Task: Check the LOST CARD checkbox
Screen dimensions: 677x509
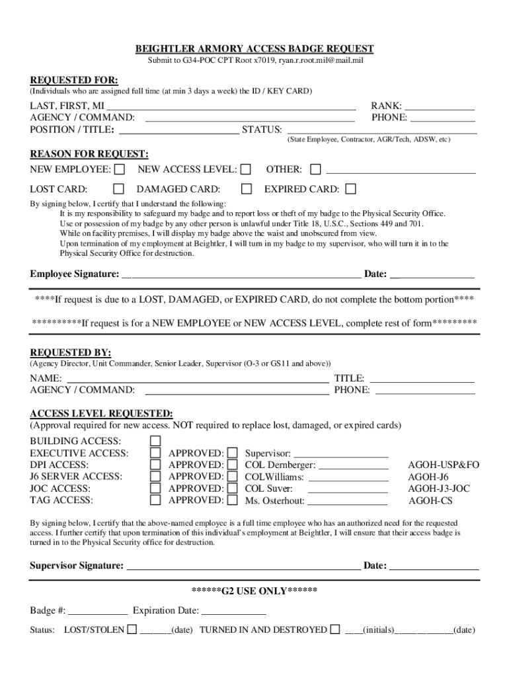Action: (x=120, y=189)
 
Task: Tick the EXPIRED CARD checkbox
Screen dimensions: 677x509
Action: (x=350, y=189)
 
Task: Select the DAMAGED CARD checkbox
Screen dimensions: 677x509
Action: (x=247, y=189)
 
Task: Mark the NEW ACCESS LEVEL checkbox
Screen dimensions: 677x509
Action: (x=246, y=170)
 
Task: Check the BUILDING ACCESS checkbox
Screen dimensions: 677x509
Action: (x=155, y=441)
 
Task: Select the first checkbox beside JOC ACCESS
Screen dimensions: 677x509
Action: (x=155, y=489)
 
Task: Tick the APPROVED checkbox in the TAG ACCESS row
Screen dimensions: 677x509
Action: (x=233, y=500)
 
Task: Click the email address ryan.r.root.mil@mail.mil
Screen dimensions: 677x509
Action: (x=321, y=60)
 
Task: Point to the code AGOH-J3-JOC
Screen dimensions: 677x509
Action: (x=439, y=489)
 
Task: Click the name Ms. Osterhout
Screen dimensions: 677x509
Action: (x=274, y=501)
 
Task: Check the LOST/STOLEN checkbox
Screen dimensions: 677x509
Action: (x=132, y=629)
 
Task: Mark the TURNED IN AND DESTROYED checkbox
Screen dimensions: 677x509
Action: (x=335, y=629)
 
